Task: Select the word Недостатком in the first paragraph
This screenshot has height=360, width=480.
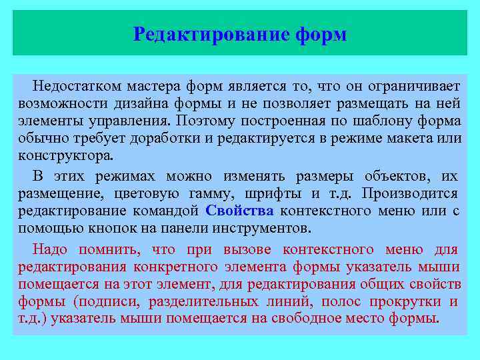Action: [75, 86]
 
